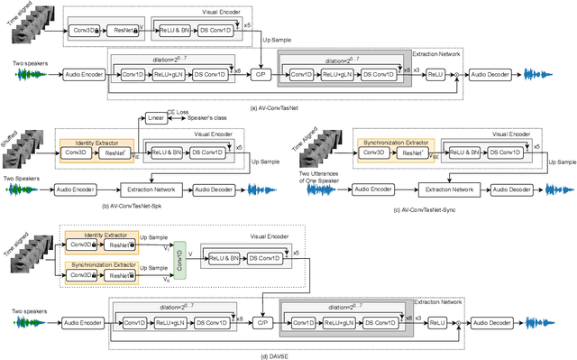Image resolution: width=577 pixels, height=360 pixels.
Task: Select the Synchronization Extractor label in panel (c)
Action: click(389, 142)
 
